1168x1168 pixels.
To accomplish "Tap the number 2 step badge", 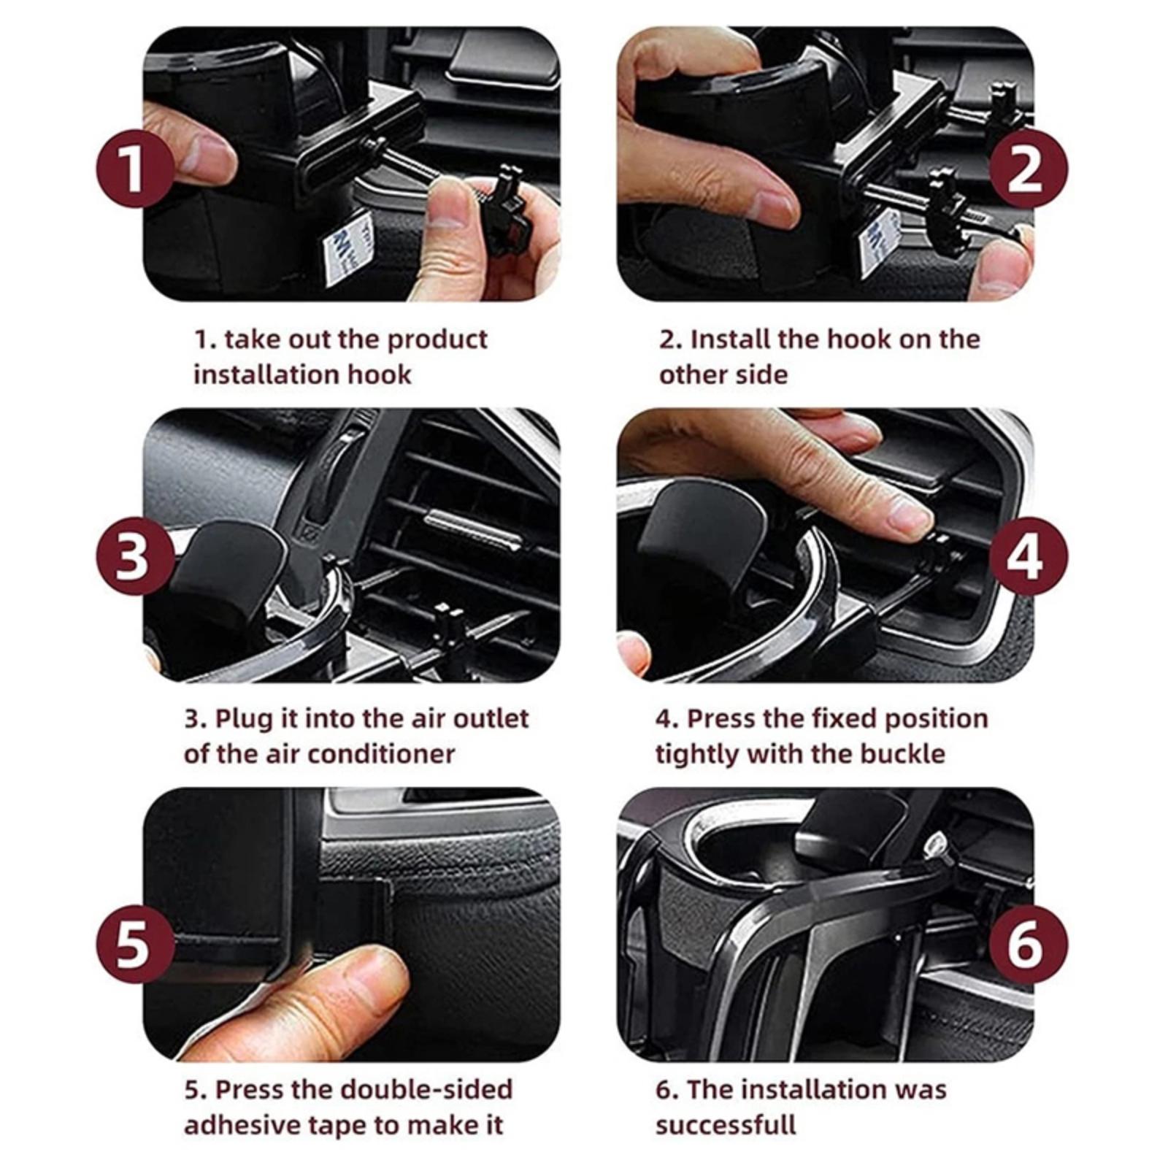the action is click(x=1028, y=169).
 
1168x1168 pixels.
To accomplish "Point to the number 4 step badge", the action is click(x=1028, y=557).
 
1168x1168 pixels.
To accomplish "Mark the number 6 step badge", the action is click(x=1028, y=943).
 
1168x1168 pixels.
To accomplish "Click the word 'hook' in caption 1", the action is click(x=379, y=374).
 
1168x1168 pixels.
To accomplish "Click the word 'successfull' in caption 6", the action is click(x=726, y=1125).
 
